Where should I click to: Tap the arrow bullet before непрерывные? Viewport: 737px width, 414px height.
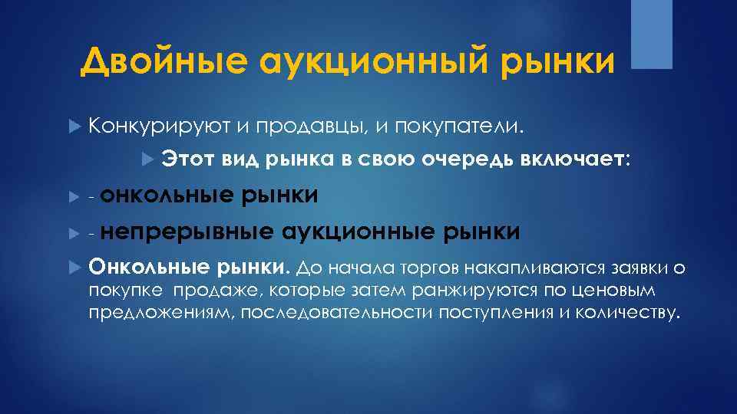(74, 232)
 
